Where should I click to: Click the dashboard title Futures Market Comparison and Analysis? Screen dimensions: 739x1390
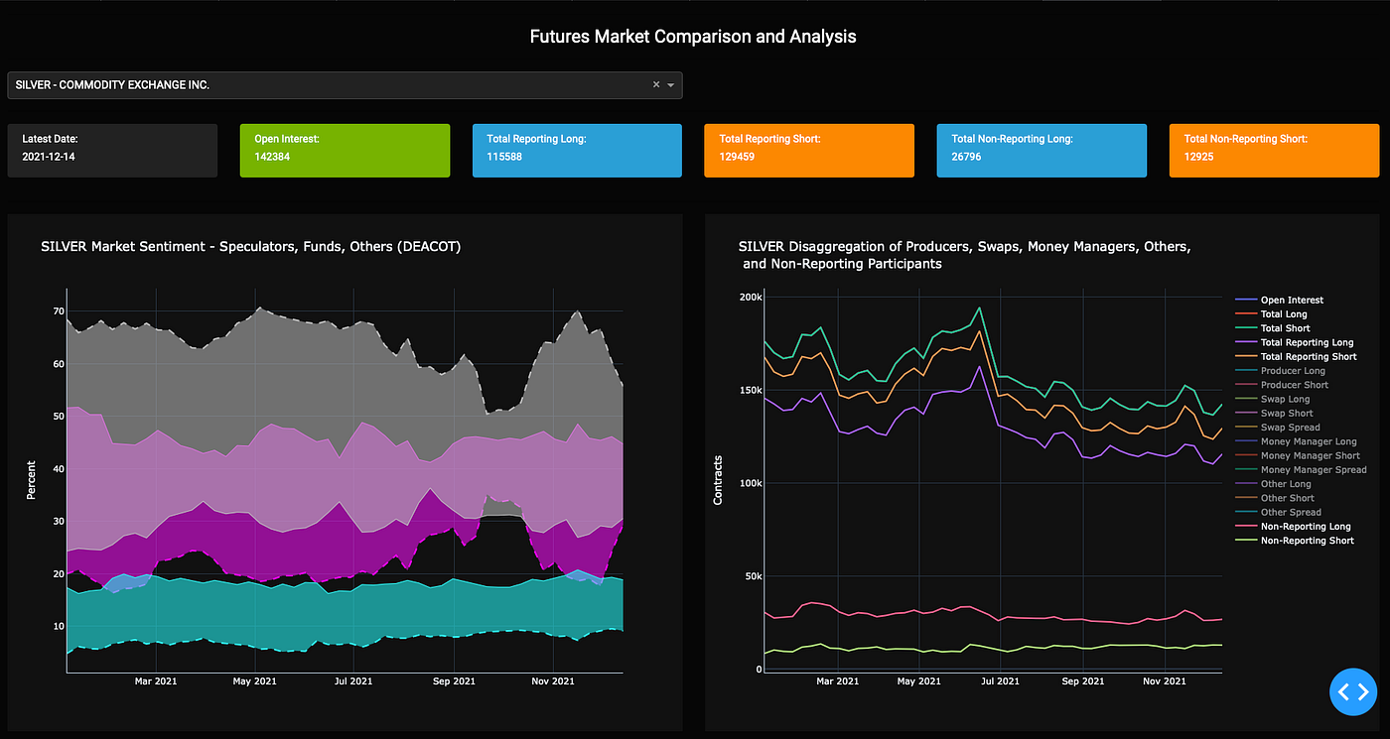point(692,37)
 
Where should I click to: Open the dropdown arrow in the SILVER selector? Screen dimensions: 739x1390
point(671,85)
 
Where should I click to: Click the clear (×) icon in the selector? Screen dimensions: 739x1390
point(655,85)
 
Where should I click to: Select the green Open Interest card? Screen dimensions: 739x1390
point(345,150)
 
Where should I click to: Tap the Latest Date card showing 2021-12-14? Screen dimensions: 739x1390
point(112,150)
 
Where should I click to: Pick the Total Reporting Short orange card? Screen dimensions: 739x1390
point(809,150)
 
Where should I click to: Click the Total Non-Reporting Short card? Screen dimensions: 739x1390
point(1274,150)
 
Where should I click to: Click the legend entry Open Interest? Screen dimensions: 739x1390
point(1291,300)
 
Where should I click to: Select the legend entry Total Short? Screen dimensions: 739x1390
point(1285,328)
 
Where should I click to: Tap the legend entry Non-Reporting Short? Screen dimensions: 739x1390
point(1307,541)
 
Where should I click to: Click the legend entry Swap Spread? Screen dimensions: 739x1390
point(1288,428)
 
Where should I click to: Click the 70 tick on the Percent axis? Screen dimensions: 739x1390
point(59,311)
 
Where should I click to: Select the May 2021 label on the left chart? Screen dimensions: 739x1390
point(254,681)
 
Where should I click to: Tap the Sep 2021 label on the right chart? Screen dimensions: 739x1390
point(1082,681)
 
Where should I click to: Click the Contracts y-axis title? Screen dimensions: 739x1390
point(718,480)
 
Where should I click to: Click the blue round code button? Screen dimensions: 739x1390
point(1353,691)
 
